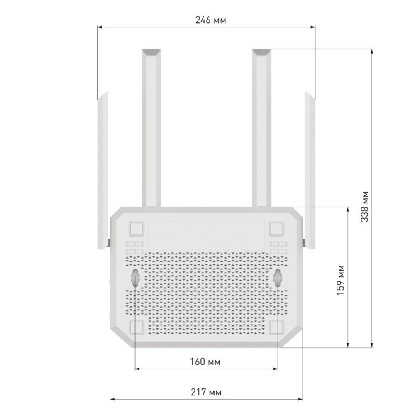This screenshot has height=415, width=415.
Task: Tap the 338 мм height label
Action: pos(364,206)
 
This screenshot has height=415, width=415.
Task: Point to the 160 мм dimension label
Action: pos(205,362)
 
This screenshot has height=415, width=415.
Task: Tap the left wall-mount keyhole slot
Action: pos(136,277)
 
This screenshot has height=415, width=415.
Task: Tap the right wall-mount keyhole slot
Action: pos(278,277)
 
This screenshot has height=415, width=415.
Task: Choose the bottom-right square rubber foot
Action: pos(276,327)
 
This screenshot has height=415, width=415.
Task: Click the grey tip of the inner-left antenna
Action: pos(151,52)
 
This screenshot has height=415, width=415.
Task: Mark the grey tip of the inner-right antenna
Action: pos(261,52)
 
